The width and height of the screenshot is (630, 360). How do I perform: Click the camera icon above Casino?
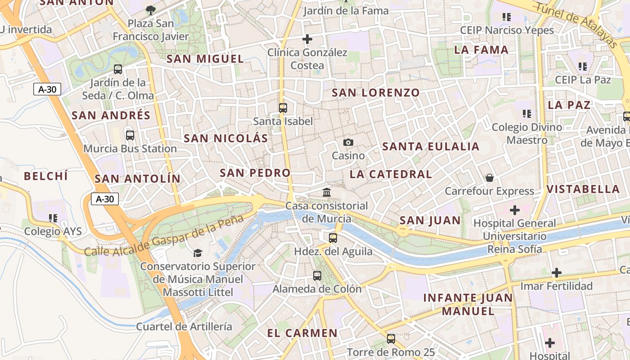tap(348, 143)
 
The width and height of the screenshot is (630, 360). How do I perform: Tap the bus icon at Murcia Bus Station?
tap(130, 135)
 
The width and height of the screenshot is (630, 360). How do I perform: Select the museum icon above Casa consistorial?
tap(327, 193)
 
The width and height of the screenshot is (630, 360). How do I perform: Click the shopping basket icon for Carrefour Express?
tap(490, 178)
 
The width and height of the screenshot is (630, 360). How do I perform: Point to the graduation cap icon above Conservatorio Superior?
tap(198, 253)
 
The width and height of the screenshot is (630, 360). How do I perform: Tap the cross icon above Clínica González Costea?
tap(307, 39)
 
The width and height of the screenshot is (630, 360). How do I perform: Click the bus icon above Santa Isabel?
tap(283, 108)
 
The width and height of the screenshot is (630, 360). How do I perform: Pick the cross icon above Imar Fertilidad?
tap(557, 272)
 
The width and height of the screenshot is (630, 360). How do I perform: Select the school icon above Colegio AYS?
tap(53, 218)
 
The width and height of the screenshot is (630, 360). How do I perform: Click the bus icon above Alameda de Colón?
tap(317, 275)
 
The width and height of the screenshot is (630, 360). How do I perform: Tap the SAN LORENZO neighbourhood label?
tap(376, 93)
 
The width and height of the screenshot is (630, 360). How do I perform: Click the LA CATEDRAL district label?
tap(391, 174)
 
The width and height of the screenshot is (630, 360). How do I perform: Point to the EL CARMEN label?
tap(302, 333)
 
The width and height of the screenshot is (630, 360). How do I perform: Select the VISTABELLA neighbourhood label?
tap(583, 189)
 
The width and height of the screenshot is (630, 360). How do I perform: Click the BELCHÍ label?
tap(46, 176)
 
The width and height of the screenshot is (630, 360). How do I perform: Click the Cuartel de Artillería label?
tap(184, 326)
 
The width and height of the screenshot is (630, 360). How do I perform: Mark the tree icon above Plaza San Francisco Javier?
tap(151, 9)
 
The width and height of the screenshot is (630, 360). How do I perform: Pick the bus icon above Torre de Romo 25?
tap(391, 338)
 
